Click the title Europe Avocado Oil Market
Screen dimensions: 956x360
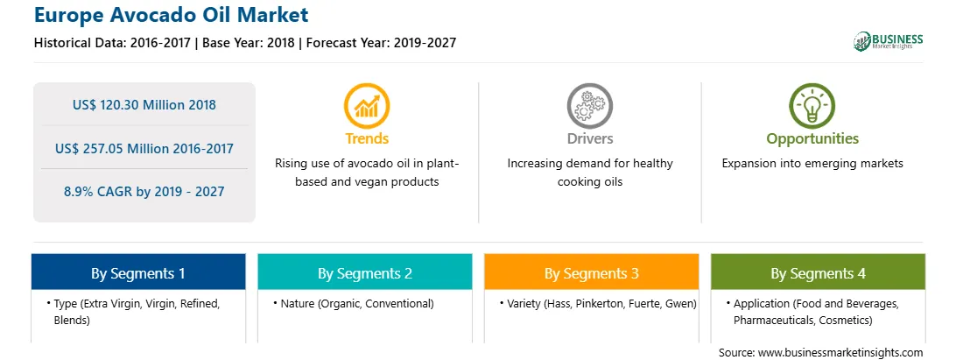click(x=172, y=15)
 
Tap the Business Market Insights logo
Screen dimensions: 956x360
click(x=888, y=41)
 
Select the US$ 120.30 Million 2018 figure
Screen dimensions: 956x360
click(x=144, y=104)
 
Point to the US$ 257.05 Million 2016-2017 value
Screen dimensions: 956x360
click(x=144, y=148)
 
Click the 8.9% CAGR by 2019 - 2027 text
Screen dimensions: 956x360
click(x=144, y=192)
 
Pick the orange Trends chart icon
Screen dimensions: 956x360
click(x=367, y=106)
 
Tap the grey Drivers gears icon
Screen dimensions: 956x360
click(x=589, y=106)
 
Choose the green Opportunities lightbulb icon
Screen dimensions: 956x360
click(x=812, y=106)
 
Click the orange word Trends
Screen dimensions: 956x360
click(x=367, y=138)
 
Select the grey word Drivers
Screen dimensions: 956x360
click(x=589, y=138)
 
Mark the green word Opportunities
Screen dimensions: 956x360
click(x=812, y=139)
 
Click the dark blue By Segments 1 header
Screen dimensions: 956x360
click(x=138, y=272)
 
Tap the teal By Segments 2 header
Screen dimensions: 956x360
click(x=364, y=272)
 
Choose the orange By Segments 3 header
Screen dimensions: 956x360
click(x=592, y=272)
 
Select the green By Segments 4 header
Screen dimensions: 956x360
click(x=819, y=272)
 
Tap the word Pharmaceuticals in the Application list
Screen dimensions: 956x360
click(x=770, y=321)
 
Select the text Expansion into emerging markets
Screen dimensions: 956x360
click(x=812, y=164)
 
